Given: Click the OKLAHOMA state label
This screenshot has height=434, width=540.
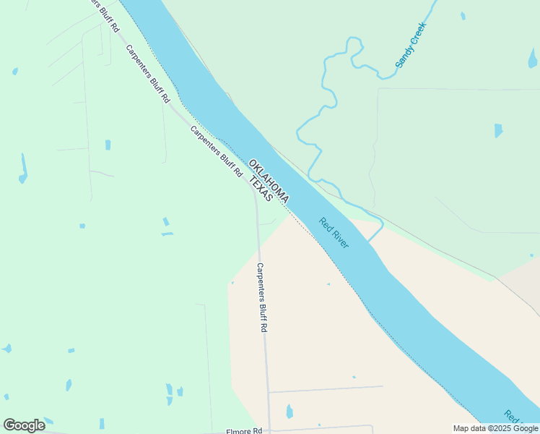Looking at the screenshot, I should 269,180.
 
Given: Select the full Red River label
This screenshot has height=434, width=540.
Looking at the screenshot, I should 334,233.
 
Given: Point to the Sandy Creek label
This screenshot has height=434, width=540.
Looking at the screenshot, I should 411,46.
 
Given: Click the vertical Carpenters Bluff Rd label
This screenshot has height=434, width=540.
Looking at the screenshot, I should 263,297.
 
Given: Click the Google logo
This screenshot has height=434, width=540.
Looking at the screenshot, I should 24,425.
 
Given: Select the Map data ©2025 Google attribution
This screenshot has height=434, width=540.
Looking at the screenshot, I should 496,428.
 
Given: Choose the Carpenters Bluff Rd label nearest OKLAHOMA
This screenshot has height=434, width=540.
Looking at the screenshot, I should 216,152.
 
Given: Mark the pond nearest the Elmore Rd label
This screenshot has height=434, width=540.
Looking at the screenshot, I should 289,412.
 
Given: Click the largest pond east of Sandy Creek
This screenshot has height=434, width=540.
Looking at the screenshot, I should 497,130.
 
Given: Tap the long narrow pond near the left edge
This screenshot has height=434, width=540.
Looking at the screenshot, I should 23,168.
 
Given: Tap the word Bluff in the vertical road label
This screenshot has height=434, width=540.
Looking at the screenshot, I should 263,300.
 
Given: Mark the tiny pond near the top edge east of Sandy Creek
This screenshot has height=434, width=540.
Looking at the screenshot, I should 463,15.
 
